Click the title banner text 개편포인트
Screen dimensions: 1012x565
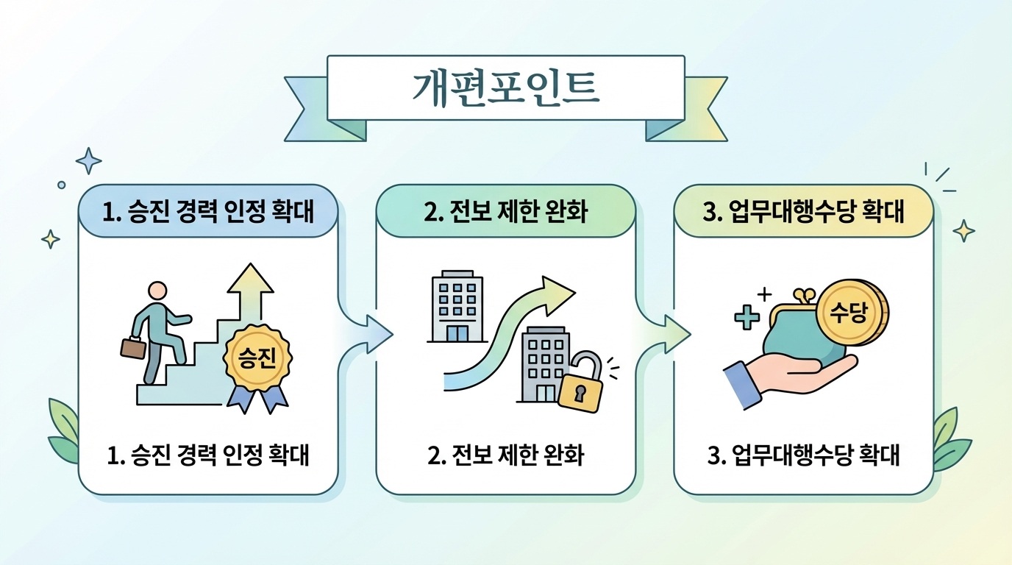(505, 87)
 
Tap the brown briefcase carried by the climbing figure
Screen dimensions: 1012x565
(133, 347)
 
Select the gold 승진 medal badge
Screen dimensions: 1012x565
(257, 358)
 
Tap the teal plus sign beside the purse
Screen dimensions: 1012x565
(746, 318)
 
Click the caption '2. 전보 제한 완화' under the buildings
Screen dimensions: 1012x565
(505, 455)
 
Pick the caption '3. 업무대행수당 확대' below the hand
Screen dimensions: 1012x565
(803, 455)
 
